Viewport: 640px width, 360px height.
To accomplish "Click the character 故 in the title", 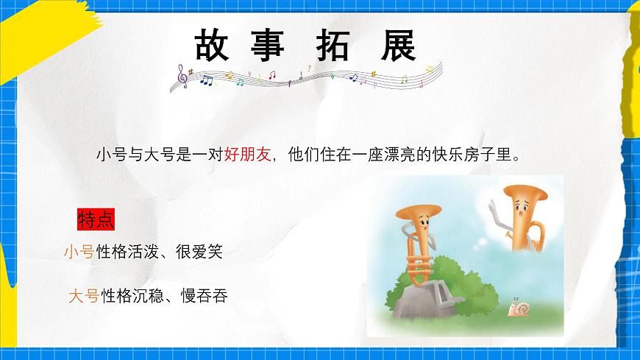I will pyautogui.click(x=213, y=46).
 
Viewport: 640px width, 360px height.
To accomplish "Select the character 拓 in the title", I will pyautogui.click(x=335, y=46).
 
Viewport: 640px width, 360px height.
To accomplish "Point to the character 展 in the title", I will pyautogui.click(x=398, y=46).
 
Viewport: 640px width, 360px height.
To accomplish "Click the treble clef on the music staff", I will pyautogui.click(x=182, y=76).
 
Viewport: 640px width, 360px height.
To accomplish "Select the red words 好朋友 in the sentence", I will pyautogui.click(x=248, y=155).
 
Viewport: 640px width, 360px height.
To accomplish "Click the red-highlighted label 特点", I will pyautogui.click(x=96, y=219).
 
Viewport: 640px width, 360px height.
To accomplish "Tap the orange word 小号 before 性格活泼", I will pyautogui.click(x=79, y=253).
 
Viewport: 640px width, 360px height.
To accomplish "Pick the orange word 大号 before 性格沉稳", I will pyautogui.click(x=84, y=297).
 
